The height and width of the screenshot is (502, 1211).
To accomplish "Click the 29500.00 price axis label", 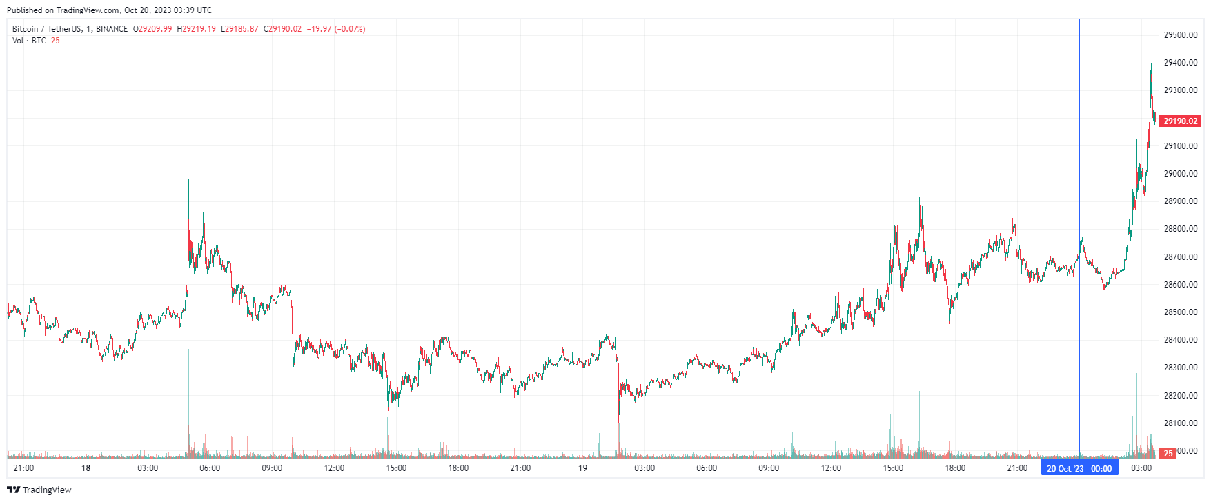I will [1180, 35].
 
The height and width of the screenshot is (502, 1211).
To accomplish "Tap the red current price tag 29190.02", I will [1180, 121].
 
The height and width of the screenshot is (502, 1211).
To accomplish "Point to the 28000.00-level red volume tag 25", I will [1168, 453].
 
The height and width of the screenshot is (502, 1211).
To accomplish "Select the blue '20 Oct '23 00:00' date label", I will [1079, 468].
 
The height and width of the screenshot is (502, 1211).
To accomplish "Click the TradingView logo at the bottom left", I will [39, 490].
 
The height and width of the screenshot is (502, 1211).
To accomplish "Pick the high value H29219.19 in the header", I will [197, 29].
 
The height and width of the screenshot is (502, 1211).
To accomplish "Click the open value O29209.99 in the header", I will [152, 29].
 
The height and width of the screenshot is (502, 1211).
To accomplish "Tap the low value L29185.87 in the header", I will [239, 29].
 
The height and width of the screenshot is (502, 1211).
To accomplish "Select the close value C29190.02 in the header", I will [282, 29].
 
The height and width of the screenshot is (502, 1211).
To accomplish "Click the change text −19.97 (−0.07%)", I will [336, 29].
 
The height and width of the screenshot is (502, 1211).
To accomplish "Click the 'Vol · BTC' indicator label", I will [29, 41].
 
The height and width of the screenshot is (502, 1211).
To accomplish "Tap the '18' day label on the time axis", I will [86, 468].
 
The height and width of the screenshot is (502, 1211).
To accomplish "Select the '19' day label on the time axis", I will [582, 468].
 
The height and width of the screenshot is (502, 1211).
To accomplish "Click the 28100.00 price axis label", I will [1180, 423].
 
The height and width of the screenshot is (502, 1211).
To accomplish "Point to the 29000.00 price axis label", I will [1180, 174].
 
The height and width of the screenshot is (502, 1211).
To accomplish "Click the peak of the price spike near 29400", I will [1151, 64].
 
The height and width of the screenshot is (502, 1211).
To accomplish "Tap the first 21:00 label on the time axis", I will [23, 468].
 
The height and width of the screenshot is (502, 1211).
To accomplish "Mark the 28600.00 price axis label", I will [1180, 285].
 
